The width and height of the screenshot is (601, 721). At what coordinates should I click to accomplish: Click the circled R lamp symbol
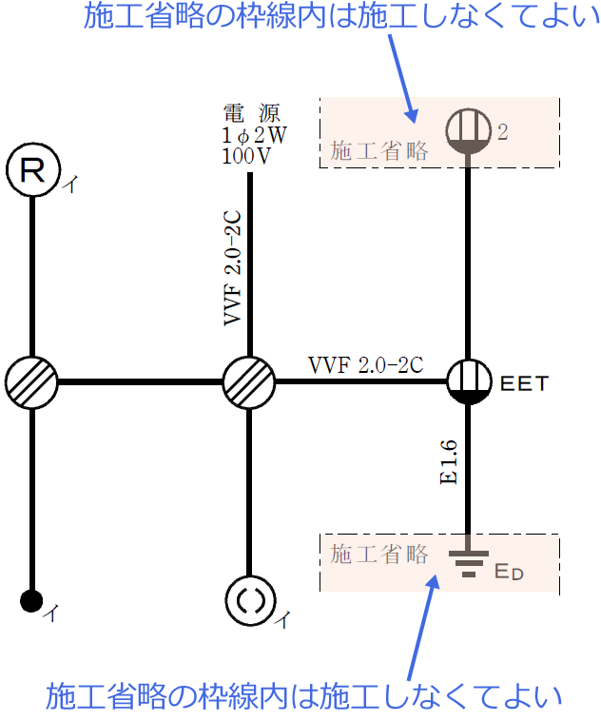pos(32,170)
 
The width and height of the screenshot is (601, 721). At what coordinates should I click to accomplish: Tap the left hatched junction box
pos(31,382)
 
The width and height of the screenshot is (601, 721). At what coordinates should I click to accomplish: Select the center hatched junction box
pos(249,382)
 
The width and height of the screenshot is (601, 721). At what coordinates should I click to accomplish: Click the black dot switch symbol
pos(31,600)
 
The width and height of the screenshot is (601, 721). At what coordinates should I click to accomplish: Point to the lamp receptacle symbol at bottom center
pos(249,600)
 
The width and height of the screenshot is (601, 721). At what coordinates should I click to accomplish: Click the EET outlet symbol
pos(468,382)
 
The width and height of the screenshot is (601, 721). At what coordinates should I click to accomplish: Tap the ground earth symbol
pos(468,564)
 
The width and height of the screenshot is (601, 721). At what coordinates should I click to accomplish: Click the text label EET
pos(524,384)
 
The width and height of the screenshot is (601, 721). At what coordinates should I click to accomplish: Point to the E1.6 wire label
pos(450,463)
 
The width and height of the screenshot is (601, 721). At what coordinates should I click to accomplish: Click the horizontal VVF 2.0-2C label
pos(365,364)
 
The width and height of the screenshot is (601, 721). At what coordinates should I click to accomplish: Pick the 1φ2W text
pos(253,135)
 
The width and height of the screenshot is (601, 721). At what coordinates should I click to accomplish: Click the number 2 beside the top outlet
pos(503,133)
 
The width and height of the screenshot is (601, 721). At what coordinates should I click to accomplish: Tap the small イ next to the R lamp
pos(69,186)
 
